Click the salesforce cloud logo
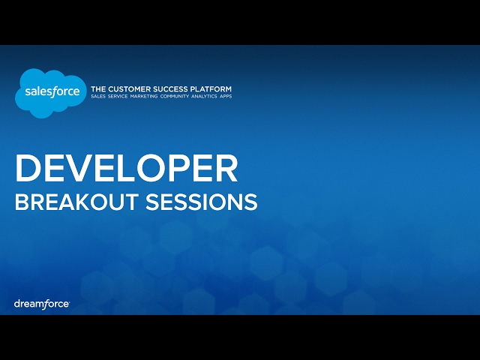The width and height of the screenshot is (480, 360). (x=48, y=92)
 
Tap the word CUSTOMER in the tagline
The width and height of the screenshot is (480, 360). (x=127, y=88)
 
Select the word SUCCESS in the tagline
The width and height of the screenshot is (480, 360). (x=169, y=88)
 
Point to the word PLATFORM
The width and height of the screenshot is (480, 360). (x=211, y=88)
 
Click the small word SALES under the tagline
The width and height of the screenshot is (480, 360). (x=99, y=97)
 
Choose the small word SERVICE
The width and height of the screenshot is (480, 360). (x=120, y=97)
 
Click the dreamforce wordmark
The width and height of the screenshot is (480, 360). (x=42, y=304)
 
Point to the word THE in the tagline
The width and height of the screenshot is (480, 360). (x=97, y=88)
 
